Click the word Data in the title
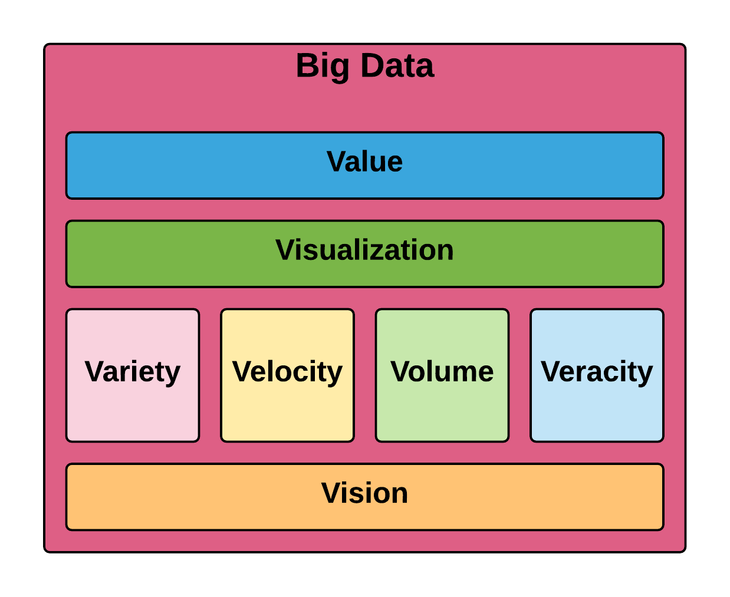(x=397, y=65)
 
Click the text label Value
(x=364, y=161)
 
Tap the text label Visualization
(x=364, y=250)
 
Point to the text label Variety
(x=133, y=372)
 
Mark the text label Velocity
(x=287, y=372)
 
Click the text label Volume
(x=442, y=372)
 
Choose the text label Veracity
(x=597, y=372)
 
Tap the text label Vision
(x=364, y=493)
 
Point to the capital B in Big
(x=307, y=65)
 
